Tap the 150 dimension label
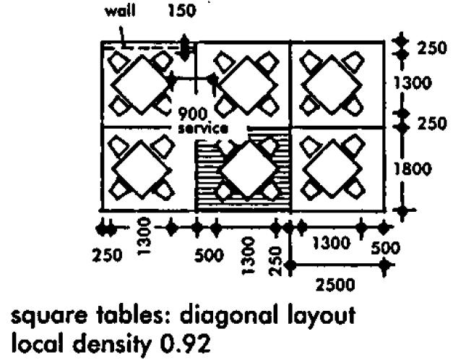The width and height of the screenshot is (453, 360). pos(181,12)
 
